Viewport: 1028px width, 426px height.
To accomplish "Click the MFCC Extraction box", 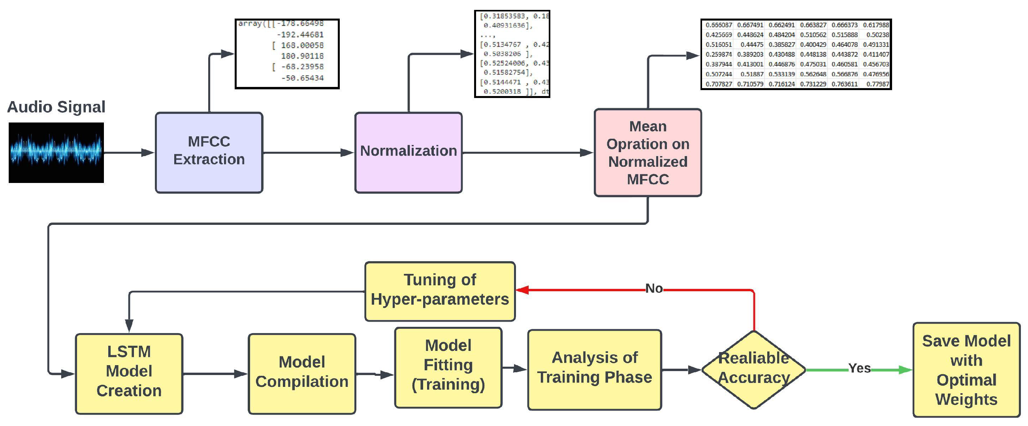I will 209,153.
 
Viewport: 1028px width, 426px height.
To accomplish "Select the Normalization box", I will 408,153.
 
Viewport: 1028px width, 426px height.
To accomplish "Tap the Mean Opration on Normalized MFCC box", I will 647,153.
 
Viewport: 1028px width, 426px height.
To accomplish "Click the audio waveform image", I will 56,153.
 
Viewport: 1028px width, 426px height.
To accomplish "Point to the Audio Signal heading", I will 56,107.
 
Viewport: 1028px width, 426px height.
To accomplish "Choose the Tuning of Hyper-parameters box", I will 440,291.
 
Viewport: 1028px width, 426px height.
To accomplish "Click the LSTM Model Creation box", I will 129,373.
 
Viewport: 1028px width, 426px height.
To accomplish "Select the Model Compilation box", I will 302,373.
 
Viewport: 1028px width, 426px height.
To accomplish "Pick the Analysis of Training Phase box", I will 594,369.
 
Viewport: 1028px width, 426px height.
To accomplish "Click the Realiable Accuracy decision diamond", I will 753,369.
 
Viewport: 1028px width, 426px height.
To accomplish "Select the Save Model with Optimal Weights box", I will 966,370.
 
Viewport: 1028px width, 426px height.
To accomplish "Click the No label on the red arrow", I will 654,288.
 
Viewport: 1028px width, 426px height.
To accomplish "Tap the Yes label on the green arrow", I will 859,368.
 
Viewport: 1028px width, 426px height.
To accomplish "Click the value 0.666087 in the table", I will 719,25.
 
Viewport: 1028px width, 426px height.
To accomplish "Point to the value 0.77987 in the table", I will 877,84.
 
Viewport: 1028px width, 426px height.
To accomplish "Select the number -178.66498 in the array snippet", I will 300,24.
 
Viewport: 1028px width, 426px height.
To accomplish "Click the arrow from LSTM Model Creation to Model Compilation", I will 215,374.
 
